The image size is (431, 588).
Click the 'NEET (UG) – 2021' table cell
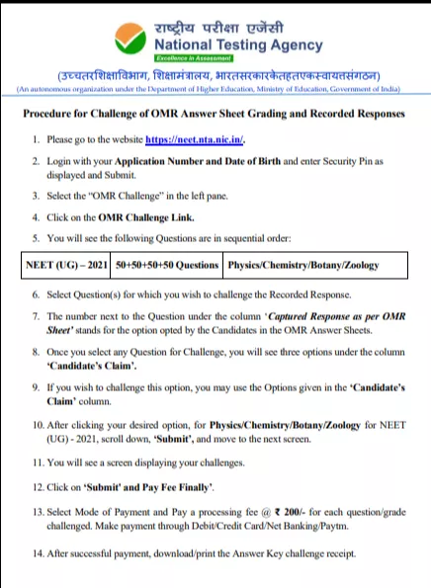[x=64, y=266]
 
